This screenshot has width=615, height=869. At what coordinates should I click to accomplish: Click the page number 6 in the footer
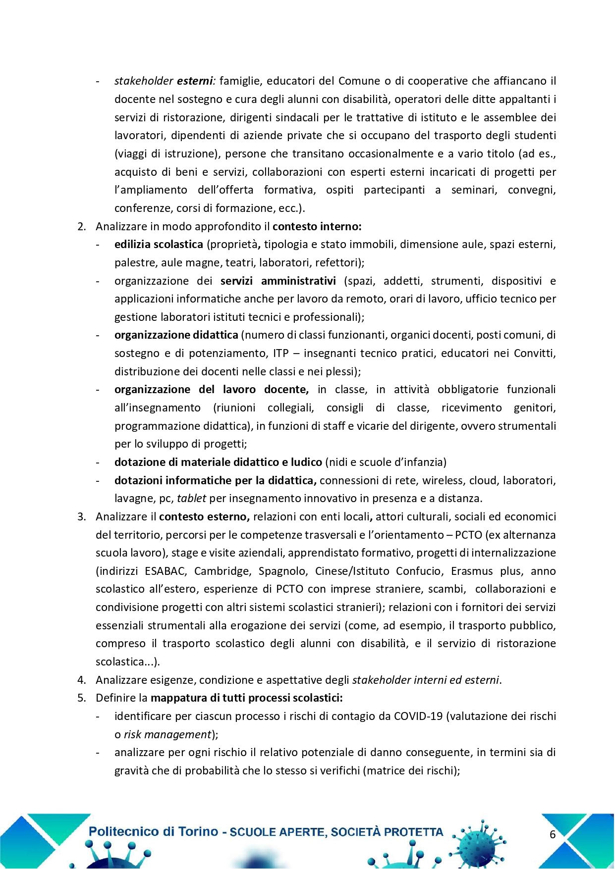pos(553,834)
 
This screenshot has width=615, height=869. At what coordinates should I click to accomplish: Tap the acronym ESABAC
pos(166,571)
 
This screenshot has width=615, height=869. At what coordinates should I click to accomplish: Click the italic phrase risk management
pos(168,734)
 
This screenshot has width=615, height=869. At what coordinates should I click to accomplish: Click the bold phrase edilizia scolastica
pos(159,244)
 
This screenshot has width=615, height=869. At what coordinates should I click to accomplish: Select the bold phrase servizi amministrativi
pos(278,281)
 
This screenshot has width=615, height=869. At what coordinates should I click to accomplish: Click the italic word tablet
pos(191,498)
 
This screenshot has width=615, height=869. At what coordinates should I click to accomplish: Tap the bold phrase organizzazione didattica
pos(176,335)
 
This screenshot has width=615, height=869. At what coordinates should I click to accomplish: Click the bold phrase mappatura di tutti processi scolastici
pos(246,698)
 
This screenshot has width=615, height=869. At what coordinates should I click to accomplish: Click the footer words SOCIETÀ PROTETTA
pos(387,832)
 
